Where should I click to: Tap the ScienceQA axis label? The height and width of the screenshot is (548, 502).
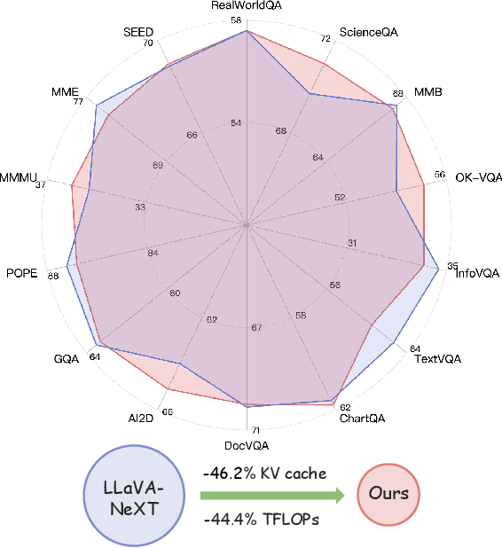[x=369, y=33]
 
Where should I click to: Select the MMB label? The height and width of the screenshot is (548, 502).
[x=428, y=92]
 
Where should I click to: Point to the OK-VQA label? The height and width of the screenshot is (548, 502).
[x=479, y=177]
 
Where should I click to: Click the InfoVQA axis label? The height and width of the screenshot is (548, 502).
[x=477, y=274]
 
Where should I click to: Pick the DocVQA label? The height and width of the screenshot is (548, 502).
[x=246, y=444]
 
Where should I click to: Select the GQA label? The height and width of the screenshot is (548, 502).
[x=67, y=359]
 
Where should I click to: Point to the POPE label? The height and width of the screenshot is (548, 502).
[x=21, y=273]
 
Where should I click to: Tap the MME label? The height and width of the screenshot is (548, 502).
[x=65, y=91]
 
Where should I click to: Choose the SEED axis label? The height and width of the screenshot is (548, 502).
[x=139, y=33]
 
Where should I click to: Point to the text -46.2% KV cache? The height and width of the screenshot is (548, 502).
[x=263, y=473]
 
